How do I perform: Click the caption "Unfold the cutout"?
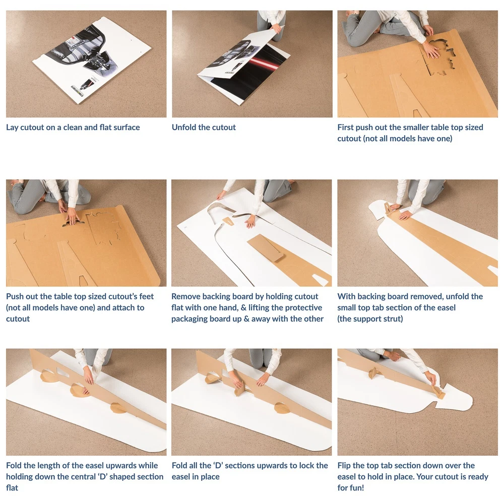point(204,128)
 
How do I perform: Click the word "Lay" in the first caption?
point(12,128)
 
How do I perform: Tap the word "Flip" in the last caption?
point(344,466)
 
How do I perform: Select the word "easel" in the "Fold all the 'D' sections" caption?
point(180,477)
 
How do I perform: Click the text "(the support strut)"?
point(370,319)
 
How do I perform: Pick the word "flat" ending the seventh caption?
point(12,488)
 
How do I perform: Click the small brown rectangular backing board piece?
point(266,247)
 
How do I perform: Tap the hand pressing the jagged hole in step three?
point(431,50)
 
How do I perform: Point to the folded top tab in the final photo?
point(439,392)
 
